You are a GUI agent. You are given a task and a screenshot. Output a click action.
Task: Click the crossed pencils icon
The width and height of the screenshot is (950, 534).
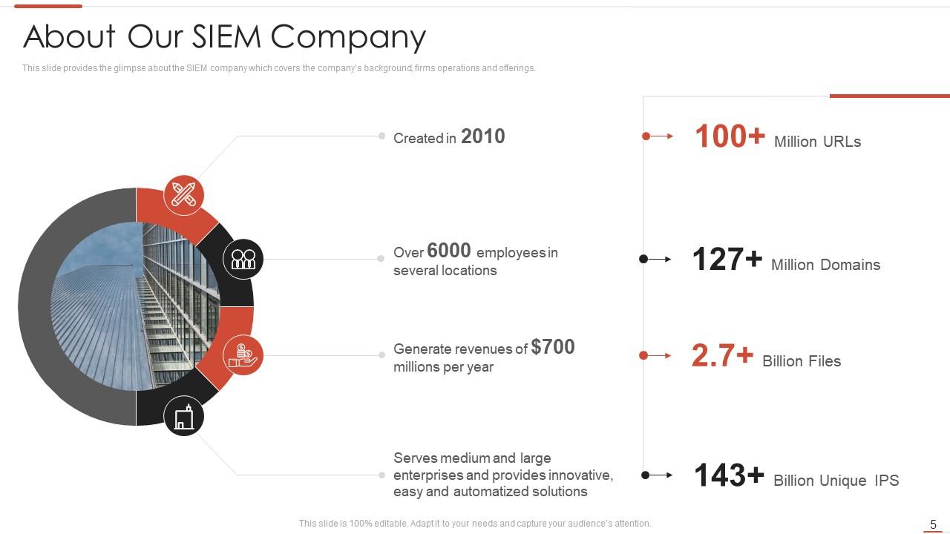(x=183, y=195)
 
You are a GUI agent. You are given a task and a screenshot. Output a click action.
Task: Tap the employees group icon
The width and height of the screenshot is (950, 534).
(x=243, y=259)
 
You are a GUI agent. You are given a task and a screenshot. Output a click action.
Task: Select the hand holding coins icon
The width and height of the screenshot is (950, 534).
(x=243, y=355)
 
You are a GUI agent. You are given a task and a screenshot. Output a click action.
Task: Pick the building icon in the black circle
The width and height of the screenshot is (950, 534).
(x=183, y=416)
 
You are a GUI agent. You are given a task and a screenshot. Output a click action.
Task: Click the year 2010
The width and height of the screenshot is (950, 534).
(x=482, y=136)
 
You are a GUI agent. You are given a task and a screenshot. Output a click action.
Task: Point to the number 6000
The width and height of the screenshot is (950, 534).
(x=449, y=251)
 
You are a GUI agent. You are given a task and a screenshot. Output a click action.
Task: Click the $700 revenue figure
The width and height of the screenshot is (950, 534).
(x=553, y=347)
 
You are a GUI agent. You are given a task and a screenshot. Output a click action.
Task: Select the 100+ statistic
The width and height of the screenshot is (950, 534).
(x=730, y=137)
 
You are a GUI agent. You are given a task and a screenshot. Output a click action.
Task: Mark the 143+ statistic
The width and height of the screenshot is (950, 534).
(x=728, y=475)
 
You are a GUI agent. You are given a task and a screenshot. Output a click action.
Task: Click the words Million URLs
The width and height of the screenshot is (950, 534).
(x=817, y=142)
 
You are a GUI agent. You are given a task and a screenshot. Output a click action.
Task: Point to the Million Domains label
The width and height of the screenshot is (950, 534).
(x=825, y=265)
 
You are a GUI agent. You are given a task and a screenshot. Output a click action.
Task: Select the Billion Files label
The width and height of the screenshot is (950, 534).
(x=802, y=361)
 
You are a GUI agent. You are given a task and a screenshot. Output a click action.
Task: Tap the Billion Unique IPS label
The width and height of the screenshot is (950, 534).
(x=836, y=481)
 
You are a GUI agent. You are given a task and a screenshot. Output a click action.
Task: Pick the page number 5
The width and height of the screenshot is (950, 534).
(x=934, y=524)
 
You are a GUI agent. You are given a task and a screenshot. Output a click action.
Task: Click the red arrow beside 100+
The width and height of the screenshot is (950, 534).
(x=658, y=136)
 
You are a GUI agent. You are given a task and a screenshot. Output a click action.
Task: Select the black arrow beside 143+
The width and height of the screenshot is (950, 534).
(x=658, y=475)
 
